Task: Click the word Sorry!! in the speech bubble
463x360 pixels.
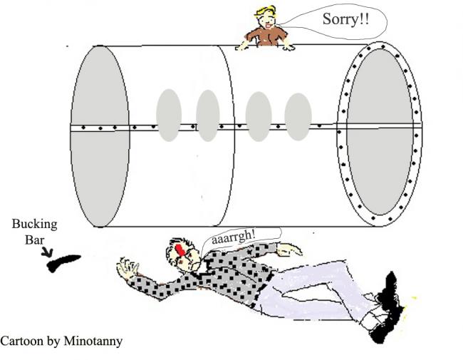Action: [x=347, y=19]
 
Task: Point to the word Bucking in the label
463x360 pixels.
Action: [x=34, y=225]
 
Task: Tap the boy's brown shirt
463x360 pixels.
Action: [x=266, y=36]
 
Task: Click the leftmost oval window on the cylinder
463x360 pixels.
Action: [x=169, y=115]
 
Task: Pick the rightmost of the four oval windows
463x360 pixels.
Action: [x=297, y=116]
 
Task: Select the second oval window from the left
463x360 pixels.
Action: [x=208, y=115]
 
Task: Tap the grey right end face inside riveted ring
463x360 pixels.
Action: [x=379, y=132]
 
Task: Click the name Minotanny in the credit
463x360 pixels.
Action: [x=94, y=341]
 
